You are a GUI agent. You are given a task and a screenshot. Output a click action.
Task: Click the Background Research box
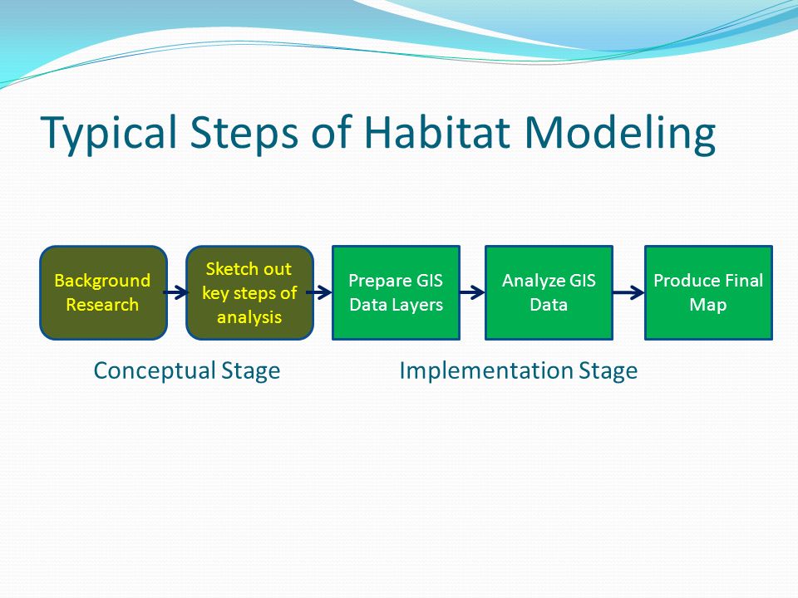pyautogui.click(x=103, y=293)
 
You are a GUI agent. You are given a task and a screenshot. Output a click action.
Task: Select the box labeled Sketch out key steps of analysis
pyautogui.click(x=250, y=293)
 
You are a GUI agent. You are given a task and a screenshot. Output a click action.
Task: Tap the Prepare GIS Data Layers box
pyautogui.click(x=396, y=293)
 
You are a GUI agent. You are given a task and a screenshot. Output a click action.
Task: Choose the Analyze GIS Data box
pyautogui.click(x=549, y=293)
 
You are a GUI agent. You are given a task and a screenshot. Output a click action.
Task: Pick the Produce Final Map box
pyautogui.click(x=708, y=293)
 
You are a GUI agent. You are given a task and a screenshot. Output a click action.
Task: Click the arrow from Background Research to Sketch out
pyautogui.click(x=176, y=292)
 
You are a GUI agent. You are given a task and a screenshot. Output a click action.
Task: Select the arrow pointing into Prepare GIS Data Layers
pyautogui.click(x=319, y=292)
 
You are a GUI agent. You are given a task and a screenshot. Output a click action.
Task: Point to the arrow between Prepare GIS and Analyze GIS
pyautogui.click(x=472, y=292)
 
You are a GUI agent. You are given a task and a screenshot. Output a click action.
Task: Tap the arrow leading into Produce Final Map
pyautogui.click(x=628, y=292)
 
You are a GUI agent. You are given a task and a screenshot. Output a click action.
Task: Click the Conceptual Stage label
pyautogui.click(x=187, y=370)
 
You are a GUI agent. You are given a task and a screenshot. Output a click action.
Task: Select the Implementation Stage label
pyautogui.click(x=519, y=370)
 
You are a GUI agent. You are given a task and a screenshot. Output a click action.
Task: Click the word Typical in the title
pyautogui.click(x=109, y=133)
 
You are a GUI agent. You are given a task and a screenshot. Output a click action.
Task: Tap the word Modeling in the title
pyautogui.click(x=620, y=133)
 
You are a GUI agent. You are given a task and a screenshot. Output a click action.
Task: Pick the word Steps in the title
pyautogui.click(x=244, y=133)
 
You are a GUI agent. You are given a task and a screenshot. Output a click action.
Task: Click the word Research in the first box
pyautogui.click(x=102, y=305)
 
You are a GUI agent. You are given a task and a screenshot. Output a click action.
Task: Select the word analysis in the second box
pyautogui.click(x=249, y=318)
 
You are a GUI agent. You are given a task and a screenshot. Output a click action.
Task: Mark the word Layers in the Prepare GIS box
pyautogui.click(x=416, y=306)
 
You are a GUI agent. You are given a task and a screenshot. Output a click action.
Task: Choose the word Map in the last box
pyautogui.click(x=708, y=306)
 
